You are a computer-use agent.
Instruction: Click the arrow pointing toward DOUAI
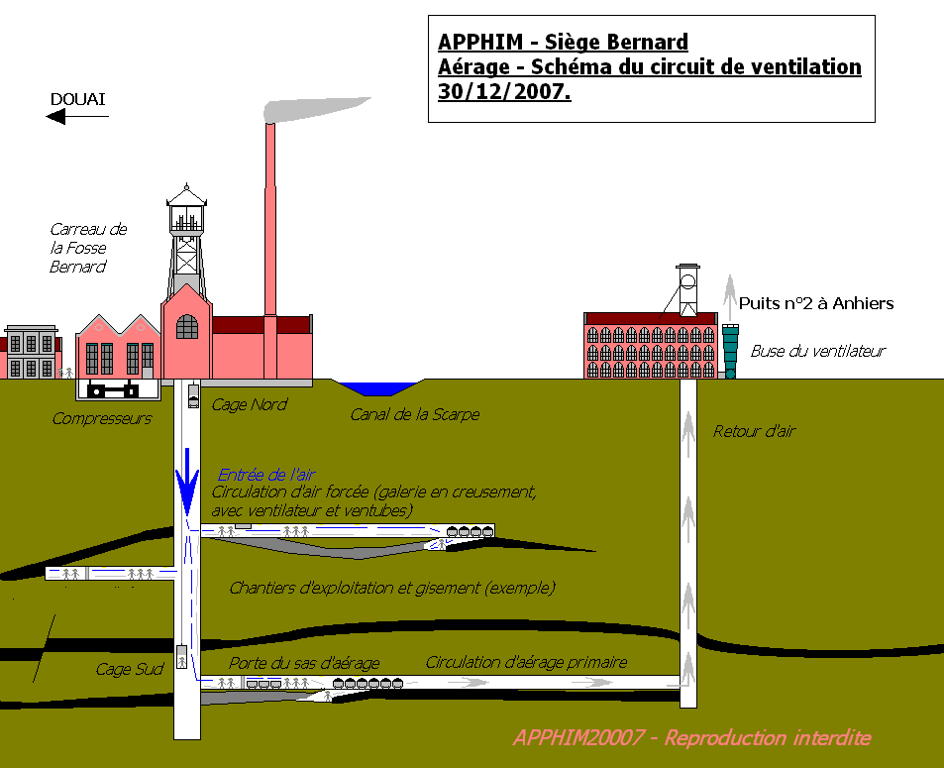click(x=76, y=117)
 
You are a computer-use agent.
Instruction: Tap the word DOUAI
click(x=77, y=98)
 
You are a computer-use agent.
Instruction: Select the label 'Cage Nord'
click(x=250, y=404)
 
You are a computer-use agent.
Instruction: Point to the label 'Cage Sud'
click(x=129, y=669)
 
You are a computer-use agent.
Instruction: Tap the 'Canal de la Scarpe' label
click(x=414, y=414)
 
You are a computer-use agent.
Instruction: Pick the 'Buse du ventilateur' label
click(x=817, y=351)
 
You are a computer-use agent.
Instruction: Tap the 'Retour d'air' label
click(x=754, y=431)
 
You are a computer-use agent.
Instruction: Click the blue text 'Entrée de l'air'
click(x=266, y=475)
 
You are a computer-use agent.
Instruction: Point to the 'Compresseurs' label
click(x=101, y=418)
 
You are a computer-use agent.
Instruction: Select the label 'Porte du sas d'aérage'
click(x=304, y=662)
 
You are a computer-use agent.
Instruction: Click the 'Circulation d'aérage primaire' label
click(x=526, y=662)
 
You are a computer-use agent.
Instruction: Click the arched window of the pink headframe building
click(x=187, y=326)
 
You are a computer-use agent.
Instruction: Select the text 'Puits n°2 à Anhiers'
click(x=817, y=303)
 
